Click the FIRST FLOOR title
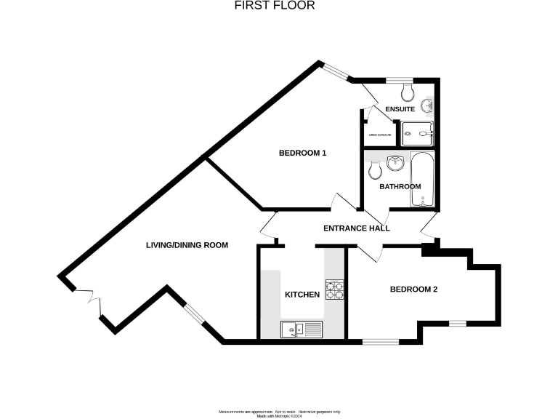275,5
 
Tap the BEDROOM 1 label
303,153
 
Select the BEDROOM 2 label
413,290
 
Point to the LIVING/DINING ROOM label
187,246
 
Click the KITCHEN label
302,295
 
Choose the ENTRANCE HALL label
356,228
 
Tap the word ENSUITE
400,109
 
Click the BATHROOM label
400,187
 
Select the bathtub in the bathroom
421,179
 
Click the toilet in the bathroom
375,170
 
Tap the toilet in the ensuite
407,92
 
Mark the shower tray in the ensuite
418,131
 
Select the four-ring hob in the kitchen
334,290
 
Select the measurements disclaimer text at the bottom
279,412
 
